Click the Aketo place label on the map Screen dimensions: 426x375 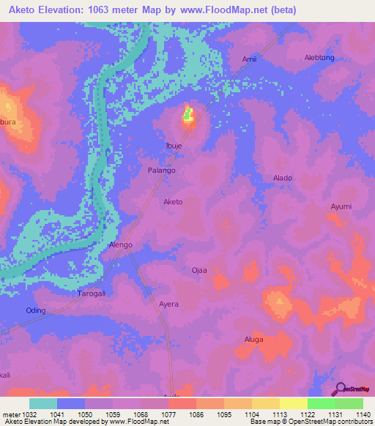(x=173, y=201)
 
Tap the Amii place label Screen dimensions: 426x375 (x=250, y=59)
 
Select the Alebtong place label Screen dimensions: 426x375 (x=319, y=58)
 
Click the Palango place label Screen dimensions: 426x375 (x=162, y=170)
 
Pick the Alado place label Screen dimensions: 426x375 (x=283, y=178)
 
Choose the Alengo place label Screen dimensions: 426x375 (x=120, y=244)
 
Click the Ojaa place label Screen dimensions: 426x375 (x=199, y=270)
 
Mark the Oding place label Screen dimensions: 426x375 (x=36, y=310)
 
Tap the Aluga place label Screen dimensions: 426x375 (x=253, y=340)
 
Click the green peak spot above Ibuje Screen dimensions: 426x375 (x=188, y=113)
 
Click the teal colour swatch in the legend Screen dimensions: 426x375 (x=43, y=403)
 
